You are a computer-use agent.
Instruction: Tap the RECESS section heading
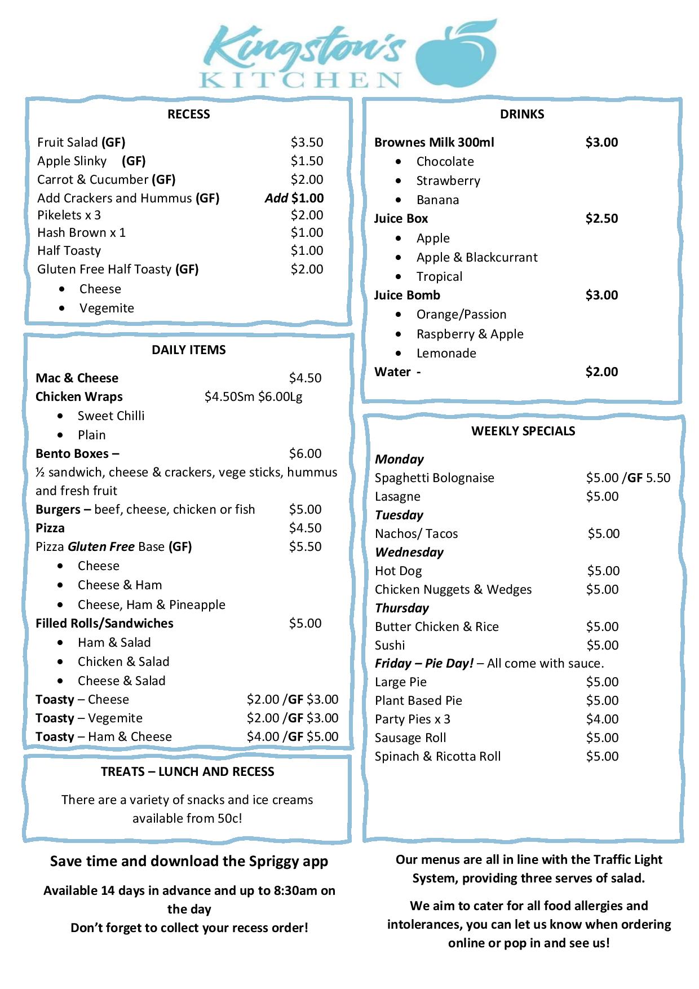(x=188, y=114)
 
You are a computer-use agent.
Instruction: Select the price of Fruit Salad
(x=307, y=142)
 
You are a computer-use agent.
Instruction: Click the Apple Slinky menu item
(x=72, y=161)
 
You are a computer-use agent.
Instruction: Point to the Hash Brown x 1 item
(x=81, y=233)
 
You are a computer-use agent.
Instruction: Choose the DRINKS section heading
(x=521, y=114)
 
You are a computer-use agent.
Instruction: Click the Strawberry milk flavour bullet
(x=448, y=181)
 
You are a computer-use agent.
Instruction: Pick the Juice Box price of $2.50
(x=601, y=219)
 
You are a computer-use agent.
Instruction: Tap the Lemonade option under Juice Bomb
(x=446, y=354)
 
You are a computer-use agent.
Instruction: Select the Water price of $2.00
(x=601, y=372)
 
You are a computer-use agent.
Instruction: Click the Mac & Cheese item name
(x=77, y=378)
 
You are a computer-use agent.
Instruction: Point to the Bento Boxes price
(x=305, y=454)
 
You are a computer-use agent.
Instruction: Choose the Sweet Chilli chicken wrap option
(x=111, y=416)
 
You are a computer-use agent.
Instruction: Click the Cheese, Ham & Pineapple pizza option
(x=151, y=605)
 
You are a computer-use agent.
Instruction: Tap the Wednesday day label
(x=409, y=553)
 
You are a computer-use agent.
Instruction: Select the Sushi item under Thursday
(x=390, y=646)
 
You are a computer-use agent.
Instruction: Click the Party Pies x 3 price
(x=602, y=719)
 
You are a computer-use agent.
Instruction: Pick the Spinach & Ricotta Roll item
(x=437, y=757)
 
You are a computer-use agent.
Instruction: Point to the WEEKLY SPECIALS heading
(x=523, y=431)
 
